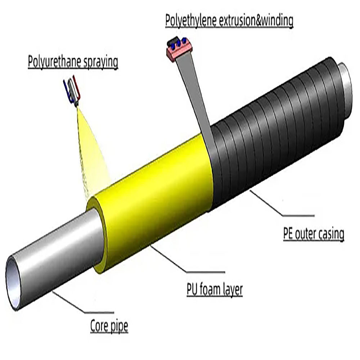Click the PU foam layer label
(215, 290)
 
